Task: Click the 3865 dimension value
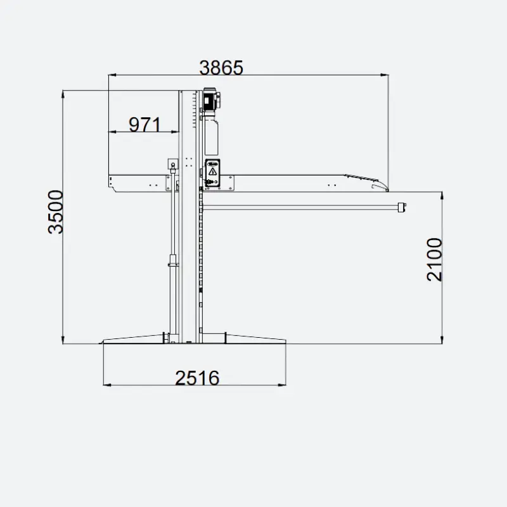[x=221, y=68]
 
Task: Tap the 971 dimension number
[x=144, y=125]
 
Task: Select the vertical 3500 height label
[x=56, y=212]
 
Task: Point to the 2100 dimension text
[x=434, y=260]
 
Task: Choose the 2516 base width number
[x=197, y=378]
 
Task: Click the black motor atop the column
[x=212, y=99]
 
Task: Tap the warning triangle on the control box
[x=212, y=171]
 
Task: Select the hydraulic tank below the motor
[x=212, y=136]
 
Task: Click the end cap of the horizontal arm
[x=402, y=207]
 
